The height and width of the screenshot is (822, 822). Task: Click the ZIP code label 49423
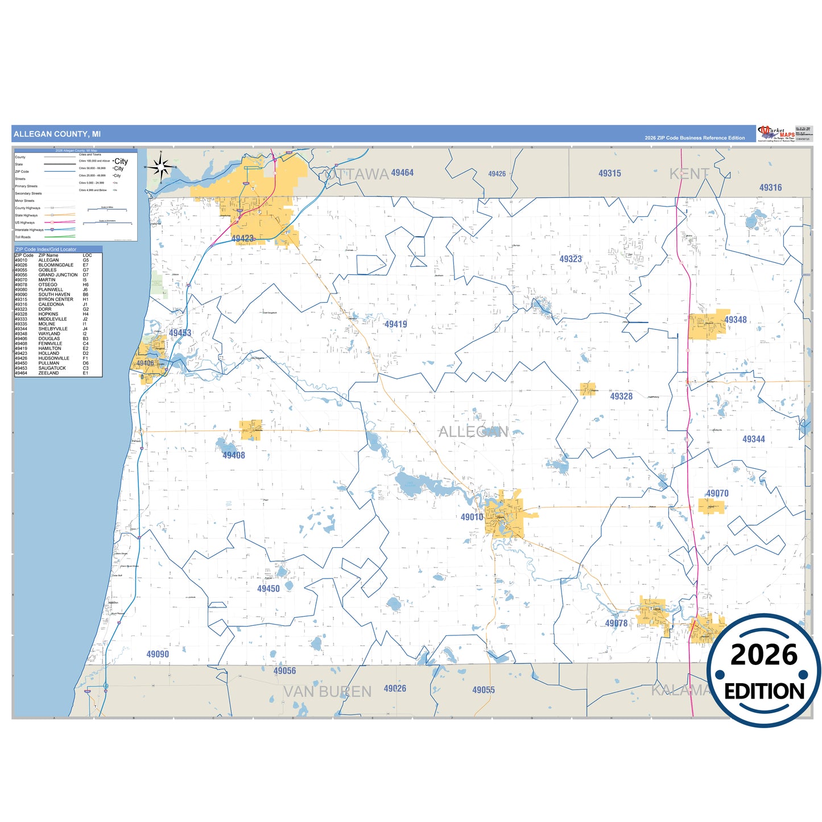242,239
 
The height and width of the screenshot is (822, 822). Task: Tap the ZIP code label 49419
395,324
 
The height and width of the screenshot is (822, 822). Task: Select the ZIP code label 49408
234,455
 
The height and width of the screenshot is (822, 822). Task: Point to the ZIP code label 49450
269,589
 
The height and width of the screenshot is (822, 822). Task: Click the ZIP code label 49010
472,517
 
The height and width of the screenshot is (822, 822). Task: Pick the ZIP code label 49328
621,396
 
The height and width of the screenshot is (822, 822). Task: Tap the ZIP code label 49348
736,320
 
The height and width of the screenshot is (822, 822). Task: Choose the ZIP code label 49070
717,493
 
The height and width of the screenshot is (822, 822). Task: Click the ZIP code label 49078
616,623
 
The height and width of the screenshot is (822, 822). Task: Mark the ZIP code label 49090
158,654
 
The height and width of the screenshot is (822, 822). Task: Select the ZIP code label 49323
571,259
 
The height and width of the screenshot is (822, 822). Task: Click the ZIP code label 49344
754,439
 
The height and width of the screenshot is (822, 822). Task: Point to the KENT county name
689,174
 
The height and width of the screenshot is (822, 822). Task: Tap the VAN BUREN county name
327,692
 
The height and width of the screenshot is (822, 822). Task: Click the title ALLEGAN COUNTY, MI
57,134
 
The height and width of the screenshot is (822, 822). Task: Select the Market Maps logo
776,134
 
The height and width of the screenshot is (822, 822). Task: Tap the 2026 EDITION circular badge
764,671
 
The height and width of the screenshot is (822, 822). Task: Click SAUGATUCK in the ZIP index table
52,368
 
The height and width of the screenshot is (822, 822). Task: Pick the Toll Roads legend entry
23,237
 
